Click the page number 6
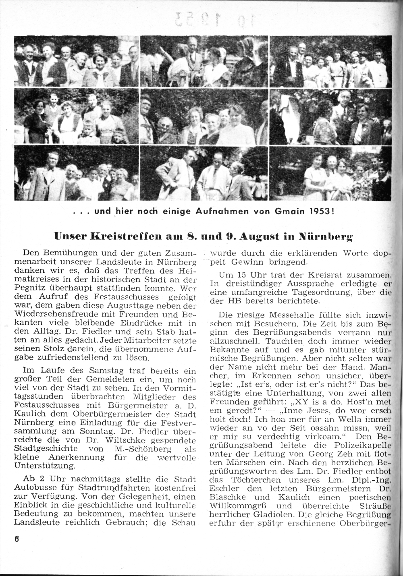17,540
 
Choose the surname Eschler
224,489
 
